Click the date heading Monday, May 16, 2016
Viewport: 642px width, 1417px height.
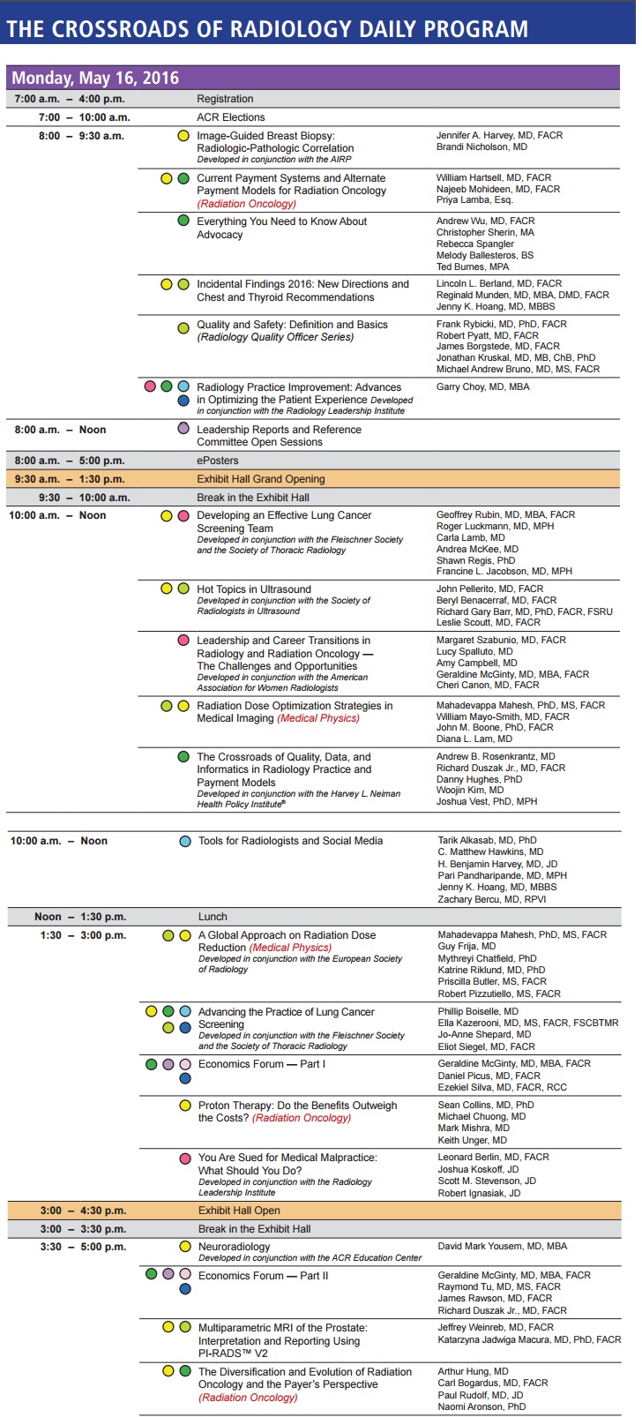[x=95, y=78]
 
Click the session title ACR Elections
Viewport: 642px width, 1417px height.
[x=231, y=117]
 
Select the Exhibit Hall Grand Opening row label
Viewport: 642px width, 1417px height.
[x=261, y=479]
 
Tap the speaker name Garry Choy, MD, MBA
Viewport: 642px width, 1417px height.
[x=483, y=387]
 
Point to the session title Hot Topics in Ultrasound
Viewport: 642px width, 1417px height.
[x=254, y=589]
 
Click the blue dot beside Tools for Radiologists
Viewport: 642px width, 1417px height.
[x=185, y=842]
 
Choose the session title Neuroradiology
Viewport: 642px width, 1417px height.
[x=235, y=1247]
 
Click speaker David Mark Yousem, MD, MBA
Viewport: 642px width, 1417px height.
[x=503, y=1247]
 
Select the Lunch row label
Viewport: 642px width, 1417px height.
[x=213, y=917]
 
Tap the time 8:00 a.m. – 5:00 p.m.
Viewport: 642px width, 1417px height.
[x=70, y=461]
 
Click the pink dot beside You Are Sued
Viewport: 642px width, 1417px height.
[x=185, y=1158]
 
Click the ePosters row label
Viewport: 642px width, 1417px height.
[x=218, y=461]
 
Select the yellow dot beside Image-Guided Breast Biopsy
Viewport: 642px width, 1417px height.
[x=183, y=136]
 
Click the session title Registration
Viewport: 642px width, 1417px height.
[x=225, y=99]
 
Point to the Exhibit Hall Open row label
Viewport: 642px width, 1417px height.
[x=239, y=1211]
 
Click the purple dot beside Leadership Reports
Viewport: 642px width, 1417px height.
[x=183, y=429]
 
